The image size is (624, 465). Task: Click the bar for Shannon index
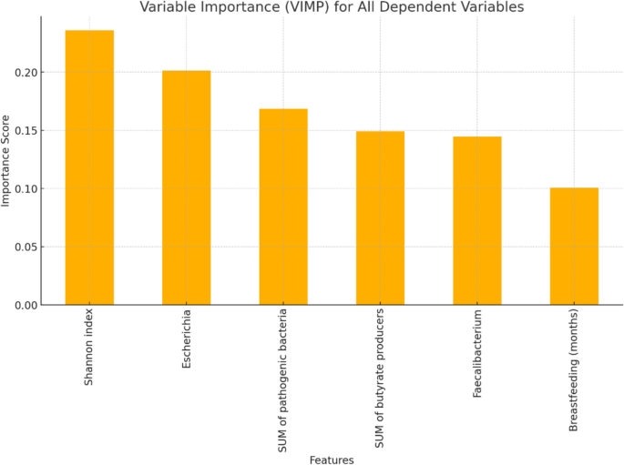tap(89, 168)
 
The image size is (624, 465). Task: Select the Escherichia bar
tap(186, 187)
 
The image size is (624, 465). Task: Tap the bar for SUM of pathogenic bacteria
tap(283, 207)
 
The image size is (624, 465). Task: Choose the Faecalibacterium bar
tap(476, 221)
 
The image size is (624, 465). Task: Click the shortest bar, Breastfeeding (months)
tap(574, 247)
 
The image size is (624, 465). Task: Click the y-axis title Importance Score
tap(7, 160)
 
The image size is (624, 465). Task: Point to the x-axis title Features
tap(332, 460)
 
